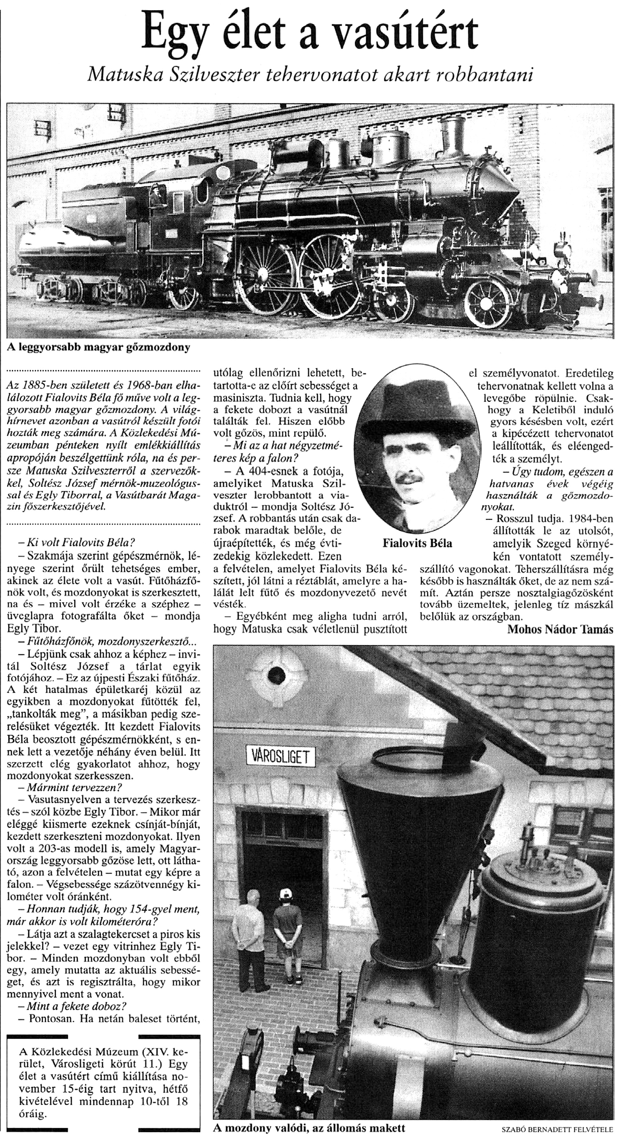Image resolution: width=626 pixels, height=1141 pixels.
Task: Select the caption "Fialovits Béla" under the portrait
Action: pos(418,544)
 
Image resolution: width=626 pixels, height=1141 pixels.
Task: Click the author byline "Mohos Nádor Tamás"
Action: pos(560,629)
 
